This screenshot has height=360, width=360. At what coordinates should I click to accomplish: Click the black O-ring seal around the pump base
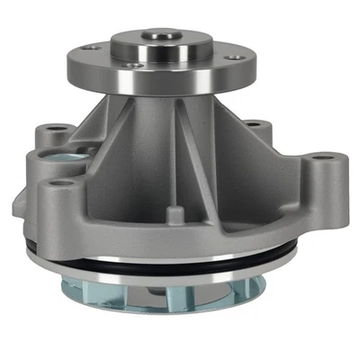tap(180, 268)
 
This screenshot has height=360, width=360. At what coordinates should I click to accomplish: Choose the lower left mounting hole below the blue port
tap(62, 186)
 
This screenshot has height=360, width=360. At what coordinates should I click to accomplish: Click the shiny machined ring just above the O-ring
tap(180, 256)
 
